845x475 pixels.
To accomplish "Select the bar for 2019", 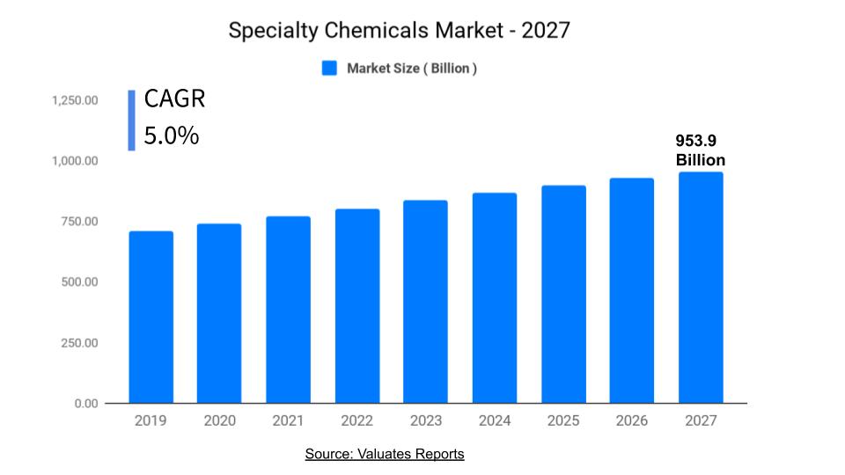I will pyautogui.click(x=151, y=317).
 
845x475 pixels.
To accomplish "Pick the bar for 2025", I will pyautogui.click(x=563, y=294).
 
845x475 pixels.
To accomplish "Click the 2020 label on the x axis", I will pyautogui.click(x=219, y=421).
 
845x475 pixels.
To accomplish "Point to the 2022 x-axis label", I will pyautogui.click(x=357, y=421).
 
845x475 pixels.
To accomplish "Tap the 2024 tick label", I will pyautogui.click(x=495, y=421).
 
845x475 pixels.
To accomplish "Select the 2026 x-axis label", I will pyautogui.click(x=632, y=421).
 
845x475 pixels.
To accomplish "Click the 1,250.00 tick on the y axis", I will pyautogui.click(x=74, y=100).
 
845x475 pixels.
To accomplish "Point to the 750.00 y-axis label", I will pyautogui.click(x=79, y=222).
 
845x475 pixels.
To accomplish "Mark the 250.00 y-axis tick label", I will pyautogui.click(x=79, y=343).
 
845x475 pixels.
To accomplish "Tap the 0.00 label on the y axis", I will pyautogui.click(x=85, y=404).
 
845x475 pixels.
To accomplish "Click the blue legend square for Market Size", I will pyautogui.click(x=329, y=69).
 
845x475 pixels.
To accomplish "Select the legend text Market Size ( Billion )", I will pyautogui.click(x=412, y=69).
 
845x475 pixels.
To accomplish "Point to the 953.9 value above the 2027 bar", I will pyautogui.click(x=694, y=141).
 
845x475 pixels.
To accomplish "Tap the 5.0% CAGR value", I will pyautogui.click(x=172, y=136).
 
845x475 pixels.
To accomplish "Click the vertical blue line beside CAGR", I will pyautogui.click(x=131, y=120).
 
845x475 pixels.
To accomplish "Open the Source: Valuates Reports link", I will pyautogui.click(x=385, y=454).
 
